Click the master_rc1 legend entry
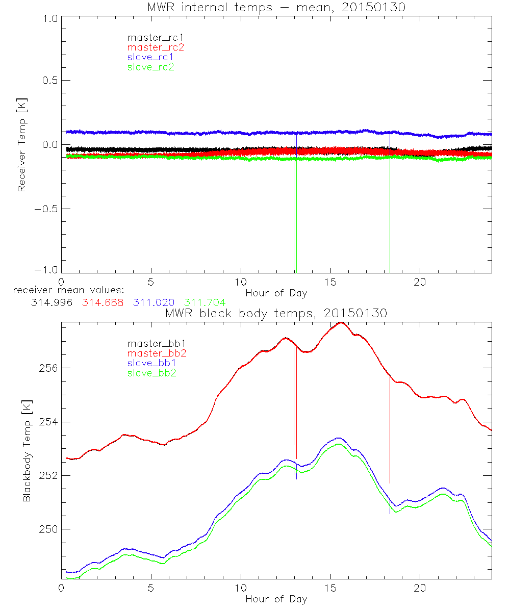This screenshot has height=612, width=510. (150, 38)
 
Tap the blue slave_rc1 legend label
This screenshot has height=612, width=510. (150, 57)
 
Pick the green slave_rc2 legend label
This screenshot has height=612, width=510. (150, 67)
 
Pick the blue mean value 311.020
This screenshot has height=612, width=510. (154, 302)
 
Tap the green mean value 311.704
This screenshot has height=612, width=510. (205, 302)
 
